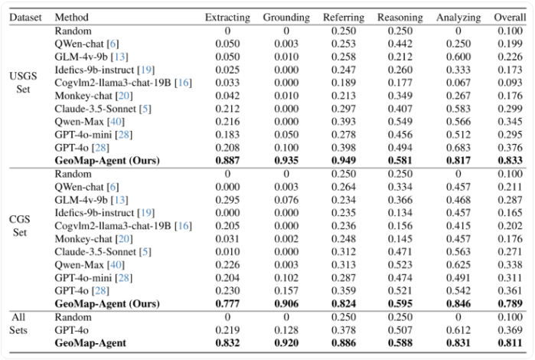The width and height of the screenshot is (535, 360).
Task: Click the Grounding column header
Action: pos(286,18)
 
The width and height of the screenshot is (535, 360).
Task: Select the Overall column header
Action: pos(510,18)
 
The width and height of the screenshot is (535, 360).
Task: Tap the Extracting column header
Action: pos(227,18)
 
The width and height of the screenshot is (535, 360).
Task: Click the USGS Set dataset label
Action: pos(23,82)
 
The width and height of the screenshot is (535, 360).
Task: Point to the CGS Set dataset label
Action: pos(20,225)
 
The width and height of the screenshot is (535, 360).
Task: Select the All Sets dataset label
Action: pos(18,323)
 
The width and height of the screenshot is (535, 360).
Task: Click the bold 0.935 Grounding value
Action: pos(286,160)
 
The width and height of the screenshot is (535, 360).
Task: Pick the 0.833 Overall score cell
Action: pos(510,160)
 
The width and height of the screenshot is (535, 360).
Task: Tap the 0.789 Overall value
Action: pos(510,303)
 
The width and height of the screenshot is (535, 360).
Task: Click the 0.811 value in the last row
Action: pos(510,342)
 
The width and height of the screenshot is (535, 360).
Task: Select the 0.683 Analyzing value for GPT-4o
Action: pos(458,148)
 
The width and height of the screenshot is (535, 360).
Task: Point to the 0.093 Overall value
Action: pos(510,83)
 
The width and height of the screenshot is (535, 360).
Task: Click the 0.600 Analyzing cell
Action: pos(458,57)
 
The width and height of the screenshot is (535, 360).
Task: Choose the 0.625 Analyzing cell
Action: pos(458,265)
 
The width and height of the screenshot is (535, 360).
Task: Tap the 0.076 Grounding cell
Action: pos(286,200)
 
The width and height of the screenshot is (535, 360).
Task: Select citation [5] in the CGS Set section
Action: pos(145,252)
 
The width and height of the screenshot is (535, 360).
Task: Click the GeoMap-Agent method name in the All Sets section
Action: pos(90,342)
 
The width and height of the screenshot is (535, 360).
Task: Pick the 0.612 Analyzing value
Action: pos(458,330)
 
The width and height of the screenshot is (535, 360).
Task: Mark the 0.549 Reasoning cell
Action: pos(400,122)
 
